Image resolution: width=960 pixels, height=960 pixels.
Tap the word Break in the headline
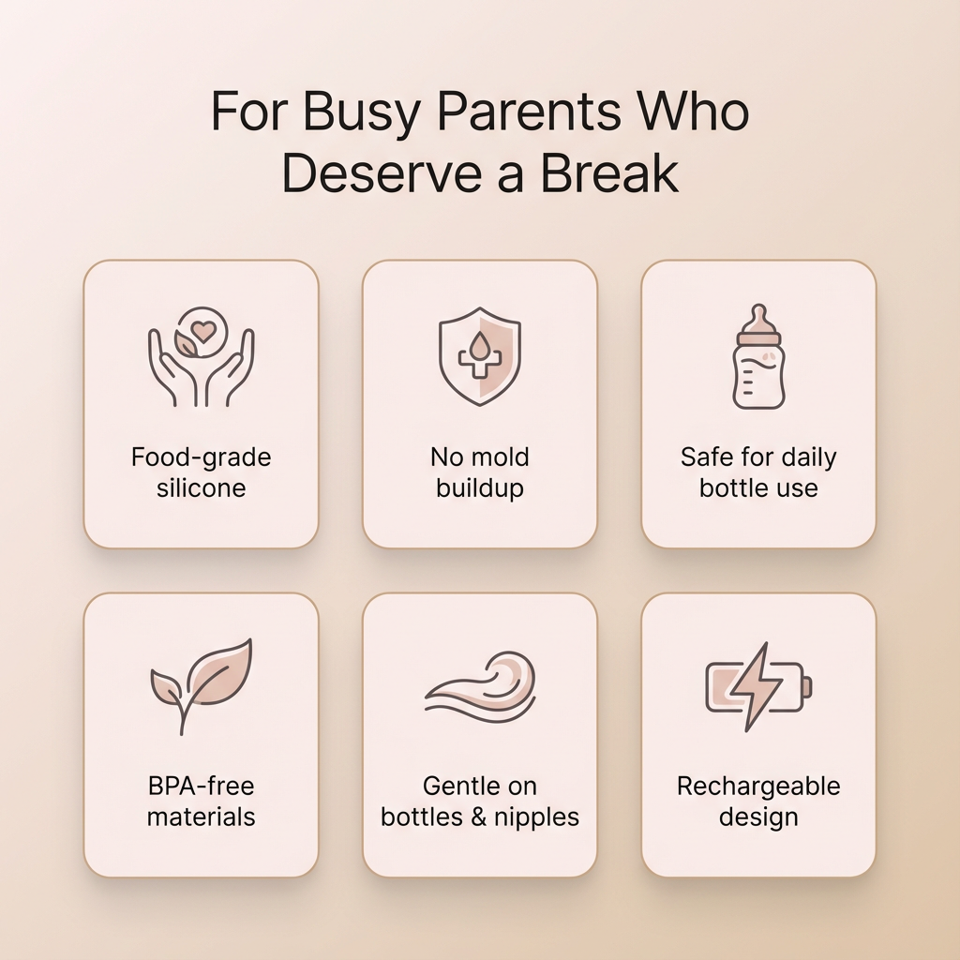[608, 173]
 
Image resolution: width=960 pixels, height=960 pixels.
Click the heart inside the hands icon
[202, 331]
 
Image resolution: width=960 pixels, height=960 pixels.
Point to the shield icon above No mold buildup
[480, 356]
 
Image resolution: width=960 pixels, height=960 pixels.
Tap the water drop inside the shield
[479, 344]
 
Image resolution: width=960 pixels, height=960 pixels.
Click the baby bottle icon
[758, 356]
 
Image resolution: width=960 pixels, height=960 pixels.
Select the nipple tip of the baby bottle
[758, 310]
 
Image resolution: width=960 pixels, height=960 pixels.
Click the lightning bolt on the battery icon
[756, 686]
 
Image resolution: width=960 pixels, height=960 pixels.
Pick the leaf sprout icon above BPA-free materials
[202, 685]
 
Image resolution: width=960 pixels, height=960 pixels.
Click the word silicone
[201, 487]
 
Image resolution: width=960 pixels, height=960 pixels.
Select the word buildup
[480, 488]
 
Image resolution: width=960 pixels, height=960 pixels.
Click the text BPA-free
[201, 787]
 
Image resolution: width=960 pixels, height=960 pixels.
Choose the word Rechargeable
[758, 787]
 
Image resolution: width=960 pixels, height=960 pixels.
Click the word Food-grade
[201, 457]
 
